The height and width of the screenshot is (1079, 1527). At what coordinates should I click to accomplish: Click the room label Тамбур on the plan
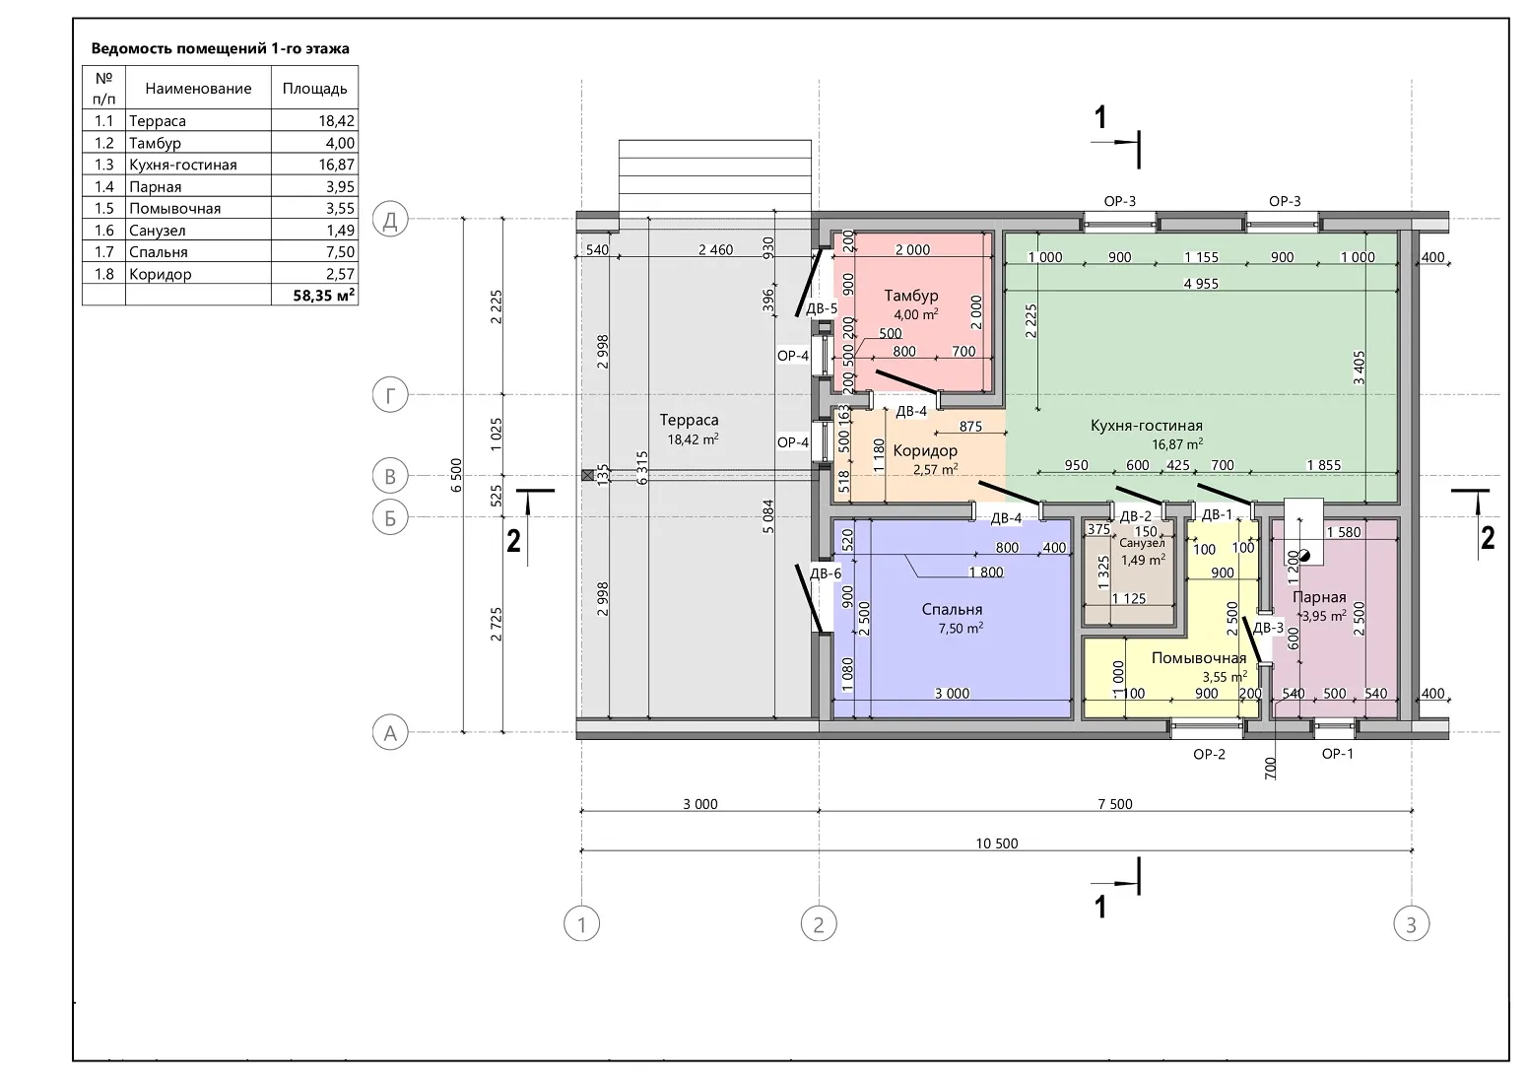(910, 296)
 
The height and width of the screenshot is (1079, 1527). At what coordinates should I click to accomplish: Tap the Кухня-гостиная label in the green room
(1146, 426)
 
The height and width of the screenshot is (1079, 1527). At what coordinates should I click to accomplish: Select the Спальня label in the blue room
(952, 609)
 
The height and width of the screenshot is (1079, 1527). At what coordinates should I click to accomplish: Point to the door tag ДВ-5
(822, 308)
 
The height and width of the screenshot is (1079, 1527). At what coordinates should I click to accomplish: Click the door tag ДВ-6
(825, 573)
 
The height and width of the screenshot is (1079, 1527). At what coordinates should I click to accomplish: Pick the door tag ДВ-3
(1268, 628)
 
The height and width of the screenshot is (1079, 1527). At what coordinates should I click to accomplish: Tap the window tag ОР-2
(1209, 755)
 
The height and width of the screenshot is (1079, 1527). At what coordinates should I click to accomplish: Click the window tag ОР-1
(1337, 754)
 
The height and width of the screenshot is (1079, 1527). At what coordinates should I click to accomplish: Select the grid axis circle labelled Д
(390, 220)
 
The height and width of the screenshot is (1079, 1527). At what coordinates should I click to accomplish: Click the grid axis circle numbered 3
(1411, 924)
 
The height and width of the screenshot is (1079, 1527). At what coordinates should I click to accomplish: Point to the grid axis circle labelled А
(390, 732)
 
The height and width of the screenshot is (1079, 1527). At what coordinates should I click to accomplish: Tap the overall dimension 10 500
(996, 843)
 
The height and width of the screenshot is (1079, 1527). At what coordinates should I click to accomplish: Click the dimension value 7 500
(1114, 804)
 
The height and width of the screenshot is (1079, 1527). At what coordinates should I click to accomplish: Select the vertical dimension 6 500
(456, 475)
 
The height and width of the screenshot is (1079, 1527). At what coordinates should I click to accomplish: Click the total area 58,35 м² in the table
(324, 296)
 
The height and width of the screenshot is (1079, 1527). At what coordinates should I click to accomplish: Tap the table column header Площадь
(315, 89)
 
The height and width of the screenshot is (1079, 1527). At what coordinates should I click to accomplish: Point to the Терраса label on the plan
(689, 420)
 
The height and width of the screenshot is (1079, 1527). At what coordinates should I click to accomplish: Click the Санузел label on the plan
(1141, 544)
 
